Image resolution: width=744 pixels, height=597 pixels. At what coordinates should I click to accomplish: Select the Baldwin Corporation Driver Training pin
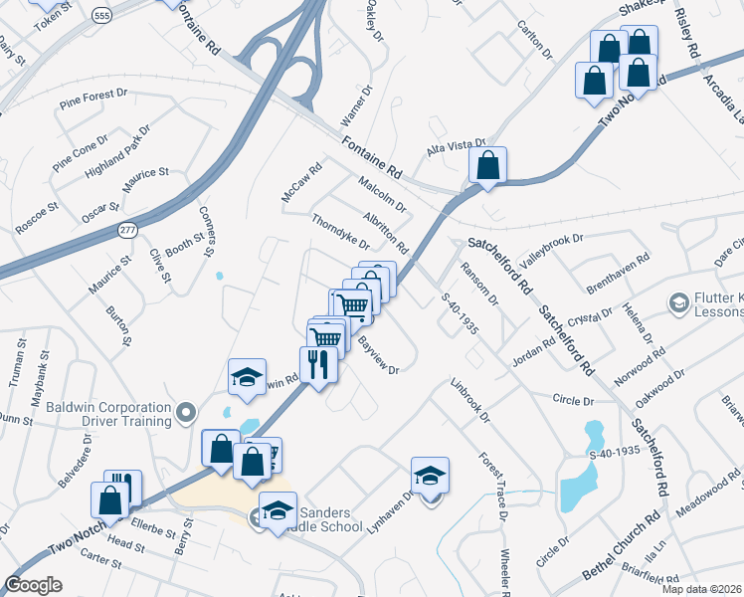184,412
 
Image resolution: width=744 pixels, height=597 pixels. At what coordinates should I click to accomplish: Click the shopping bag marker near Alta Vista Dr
487,166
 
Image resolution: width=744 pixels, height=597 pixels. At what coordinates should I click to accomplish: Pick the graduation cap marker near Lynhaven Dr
430,477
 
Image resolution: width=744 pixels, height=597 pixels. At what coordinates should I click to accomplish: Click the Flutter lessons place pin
679,301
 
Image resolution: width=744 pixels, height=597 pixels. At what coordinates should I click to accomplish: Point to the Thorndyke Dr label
340,232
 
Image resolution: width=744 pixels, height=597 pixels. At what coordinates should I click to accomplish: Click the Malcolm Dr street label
383,193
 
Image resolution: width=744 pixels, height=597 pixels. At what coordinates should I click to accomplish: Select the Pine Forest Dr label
93,98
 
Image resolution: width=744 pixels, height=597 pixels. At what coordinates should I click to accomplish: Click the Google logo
33,584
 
